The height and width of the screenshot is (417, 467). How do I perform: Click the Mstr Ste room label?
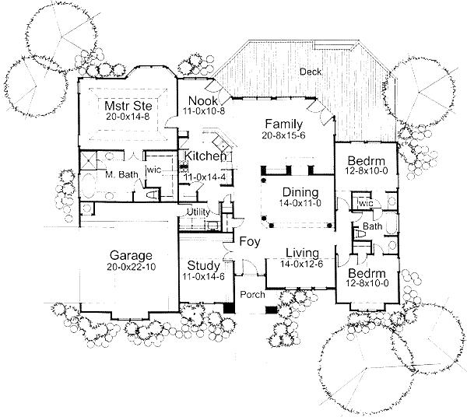pyautogui.click(x=128, y=106)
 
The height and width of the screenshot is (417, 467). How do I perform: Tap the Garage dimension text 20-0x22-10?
pyautogui.click(x=132, y=267)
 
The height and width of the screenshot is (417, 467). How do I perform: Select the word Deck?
pyautogui.click(x=311, y=72)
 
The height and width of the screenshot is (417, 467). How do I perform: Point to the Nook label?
pyautogui.click(x=203, y=100)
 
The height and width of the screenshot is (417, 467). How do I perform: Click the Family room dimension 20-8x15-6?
pyautogui.click(x=284, y=135)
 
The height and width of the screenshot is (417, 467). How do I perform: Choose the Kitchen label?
pyautogui.click(x=205, y=156)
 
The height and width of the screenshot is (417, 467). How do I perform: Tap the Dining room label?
pyautogui.click(x=300, y=192)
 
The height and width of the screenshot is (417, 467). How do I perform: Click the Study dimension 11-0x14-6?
pyautogui.click(x=203, y=276)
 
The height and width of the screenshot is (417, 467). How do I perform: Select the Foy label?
pyautogui.click(x=250, y=241)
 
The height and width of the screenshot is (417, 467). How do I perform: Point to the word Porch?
pyautogui.click(x=252, y=295)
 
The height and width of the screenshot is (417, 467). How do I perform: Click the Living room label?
pyautogui.click(x=302, y=253)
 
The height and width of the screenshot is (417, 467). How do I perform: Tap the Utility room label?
pyautogui.click(x=198, y=212)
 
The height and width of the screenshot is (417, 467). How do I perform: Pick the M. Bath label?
pyautogui.click(x=122, y=174)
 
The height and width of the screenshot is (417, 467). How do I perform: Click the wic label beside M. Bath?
pyautogui.click(x=154, y=170)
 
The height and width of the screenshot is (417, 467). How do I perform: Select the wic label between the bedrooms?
pyautogui.click(x=366, y=204)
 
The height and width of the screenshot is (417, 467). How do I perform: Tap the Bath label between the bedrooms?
pyautogui.click(x=372, y=226)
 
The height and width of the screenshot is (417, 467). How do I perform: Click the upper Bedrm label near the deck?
pyautogui.click(x=367, y=161)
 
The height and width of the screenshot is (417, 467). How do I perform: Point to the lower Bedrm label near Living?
pyautogui.click(x=367, y=273)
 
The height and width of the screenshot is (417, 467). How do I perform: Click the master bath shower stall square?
pyautogui.click(x=89, y=160)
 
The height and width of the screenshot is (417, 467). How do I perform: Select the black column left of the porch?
pyautogui.click(x=229, y=308)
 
